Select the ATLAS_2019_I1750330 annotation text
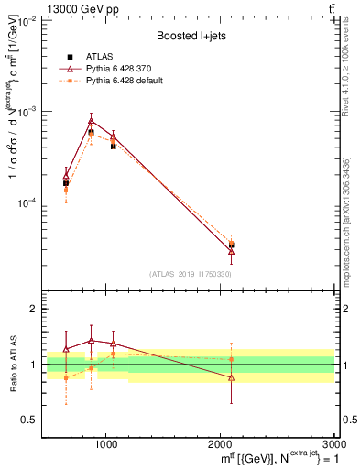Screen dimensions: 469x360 [191, 274]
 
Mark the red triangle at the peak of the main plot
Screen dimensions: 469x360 [91, 120]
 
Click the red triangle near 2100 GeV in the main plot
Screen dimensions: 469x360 [231, 251]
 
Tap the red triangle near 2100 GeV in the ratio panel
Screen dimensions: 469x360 [231, 377]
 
